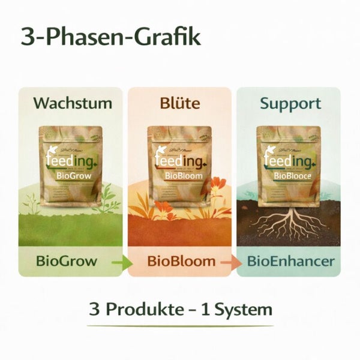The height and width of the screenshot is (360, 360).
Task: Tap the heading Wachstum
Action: point(72,103)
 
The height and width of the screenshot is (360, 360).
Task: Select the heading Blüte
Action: point(179,103)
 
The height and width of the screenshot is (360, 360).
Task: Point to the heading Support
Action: point(290,103)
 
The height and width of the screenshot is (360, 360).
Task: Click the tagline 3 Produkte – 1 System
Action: point(180,310)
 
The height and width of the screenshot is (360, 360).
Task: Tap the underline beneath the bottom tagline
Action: point(180,326)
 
